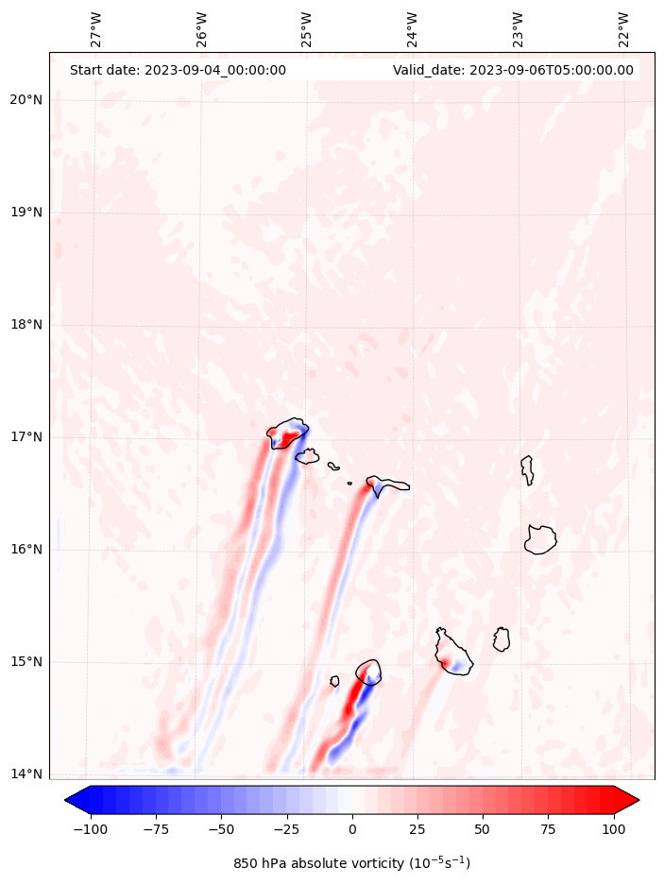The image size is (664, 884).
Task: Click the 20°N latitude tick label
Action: point(26,100)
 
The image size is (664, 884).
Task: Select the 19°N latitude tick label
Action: point(26,212)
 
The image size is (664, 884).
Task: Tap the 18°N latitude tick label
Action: point(26,325)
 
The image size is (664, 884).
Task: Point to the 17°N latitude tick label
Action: point(26,437)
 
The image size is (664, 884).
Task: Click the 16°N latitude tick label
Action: point(26,550)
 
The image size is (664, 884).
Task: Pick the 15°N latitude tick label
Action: point(26,662)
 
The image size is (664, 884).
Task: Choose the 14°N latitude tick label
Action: point(26,774)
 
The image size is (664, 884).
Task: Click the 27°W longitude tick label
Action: point(95,29)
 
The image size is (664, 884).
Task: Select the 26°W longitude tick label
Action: point(201,29)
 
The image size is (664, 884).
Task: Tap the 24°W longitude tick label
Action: point(413,29)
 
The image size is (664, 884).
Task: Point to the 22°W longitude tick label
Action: point(623,29)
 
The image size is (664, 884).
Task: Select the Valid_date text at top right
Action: point(513,70)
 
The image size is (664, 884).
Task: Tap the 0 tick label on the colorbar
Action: point(352,829)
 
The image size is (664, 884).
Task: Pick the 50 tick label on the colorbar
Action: point(484,829)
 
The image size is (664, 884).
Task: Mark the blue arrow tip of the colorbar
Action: point(75,800)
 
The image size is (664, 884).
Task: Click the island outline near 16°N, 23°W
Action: point(540,539)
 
